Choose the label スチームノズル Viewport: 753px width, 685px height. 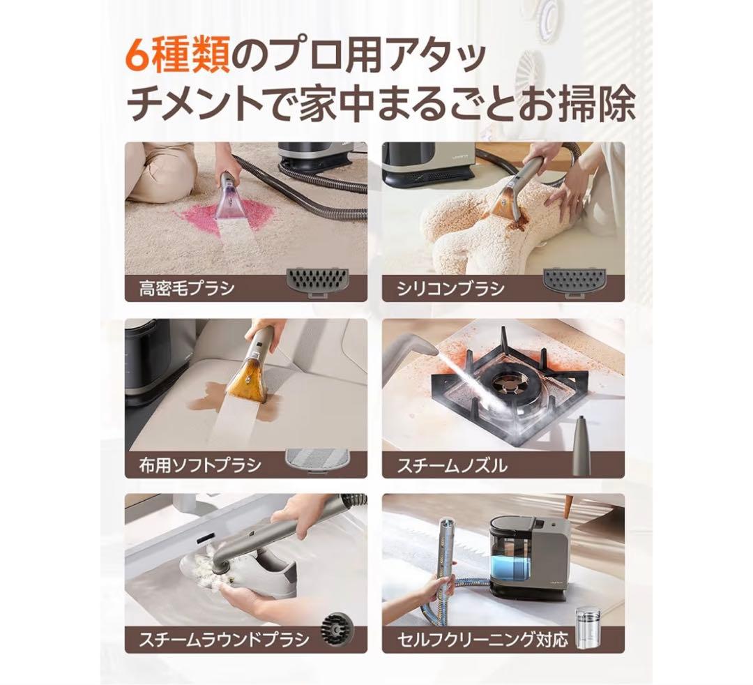452,465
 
